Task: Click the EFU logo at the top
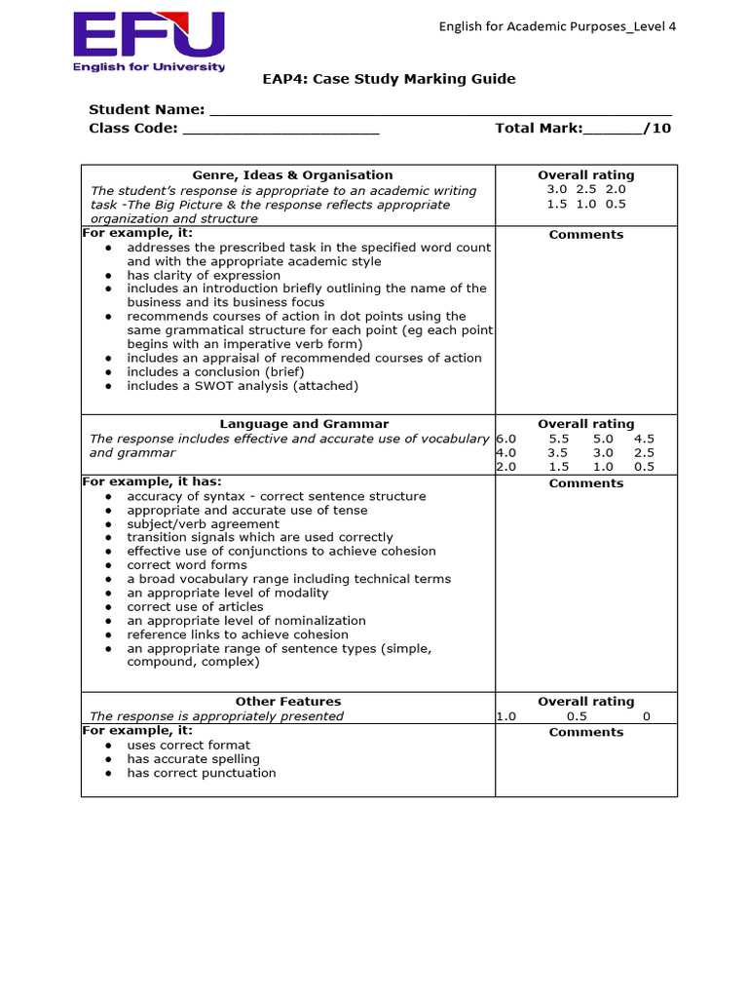(x=149, y=41)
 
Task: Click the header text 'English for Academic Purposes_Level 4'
(x=557, y=26)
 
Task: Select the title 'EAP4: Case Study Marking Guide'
(x=390, y=79)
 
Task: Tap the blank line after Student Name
(x=440, y=110)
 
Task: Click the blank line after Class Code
(x=280, y=129)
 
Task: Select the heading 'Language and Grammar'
(x=304, y=424)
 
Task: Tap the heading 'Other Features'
(x=288, y=702)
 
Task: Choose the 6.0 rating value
(x=506, y=439)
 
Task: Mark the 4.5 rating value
(x=644, y=439)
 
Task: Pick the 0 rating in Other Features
(x=646, y=716)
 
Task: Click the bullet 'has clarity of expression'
(x=203, y=275)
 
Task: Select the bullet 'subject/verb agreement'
(x=203, y=523)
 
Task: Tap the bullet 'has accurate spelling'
(x=193, y=759)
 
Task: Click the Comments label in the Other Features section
(x=585, y=732)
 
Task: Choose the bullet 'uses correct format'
(x=188, y=746)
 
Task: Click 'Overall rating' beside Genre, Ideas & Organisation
(x=585, y=175)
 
